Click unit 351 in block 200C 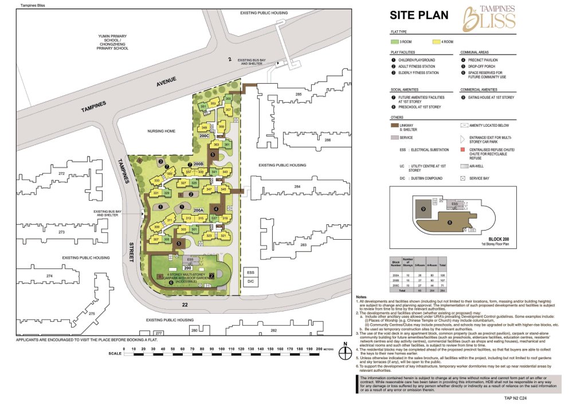click(x=203, y=107)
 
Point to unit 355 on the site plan click(x=228, y=99)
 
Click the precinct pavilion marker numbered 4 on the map click(x=216, y=208)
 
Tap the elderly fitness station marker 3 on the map click(x=161, y=162)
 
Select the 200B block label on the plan click(x=198, y=165)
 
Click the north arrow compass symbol click(x=343, y=351)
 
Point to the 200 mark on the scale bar click(x=316, y=348)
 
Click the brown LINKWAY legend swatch click(x=395, y=124)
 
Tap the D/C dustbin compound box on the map click(x=250, y=282)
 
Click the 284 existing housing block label click(x=297, y=187)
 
